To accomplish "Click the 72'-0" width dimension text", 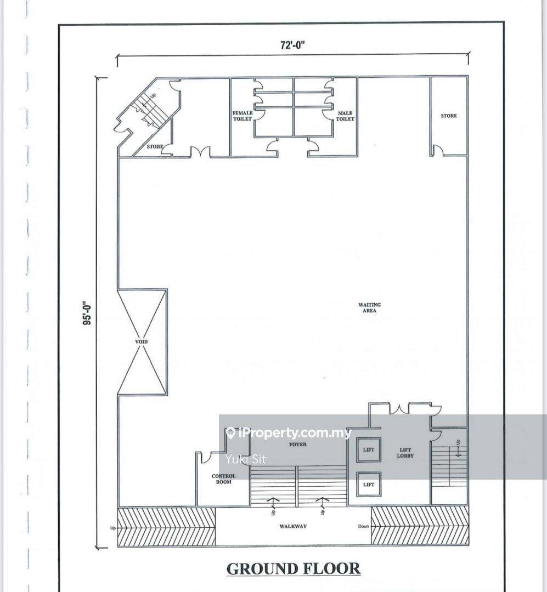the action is tap(292, 45).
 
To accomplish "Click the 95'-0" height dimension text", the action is tap(87, 312).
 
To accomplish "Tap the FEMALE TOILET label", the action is tap(243, 116).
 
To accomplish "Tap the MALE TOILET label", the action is tap(345, 116).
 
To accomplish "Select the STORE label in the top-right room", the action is tap(449, 116).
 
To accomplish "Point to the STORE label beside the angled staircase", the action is tap(155, 146).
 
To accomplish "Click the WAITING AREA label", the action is tap(369, 308).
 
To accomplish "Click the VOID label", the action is tap(142, 341).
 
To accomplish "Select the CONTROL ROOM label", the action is tap(223, 479).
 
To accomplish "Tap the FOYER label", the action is tap(297, 445).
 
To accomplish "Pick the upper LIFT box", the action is tap(369, 449).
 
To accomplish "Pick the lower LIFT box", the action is tap(369, 485).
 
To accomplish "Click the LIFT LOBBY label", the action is tap(405, 453).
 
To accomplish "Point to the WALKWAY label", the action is tap(293, 526).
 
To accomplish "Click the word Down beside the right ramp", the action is tap(363, 526).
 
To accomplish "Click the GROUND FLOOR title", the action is tap(294, 568).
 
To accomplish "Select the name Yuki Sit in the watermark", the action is tap(245, 459).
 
